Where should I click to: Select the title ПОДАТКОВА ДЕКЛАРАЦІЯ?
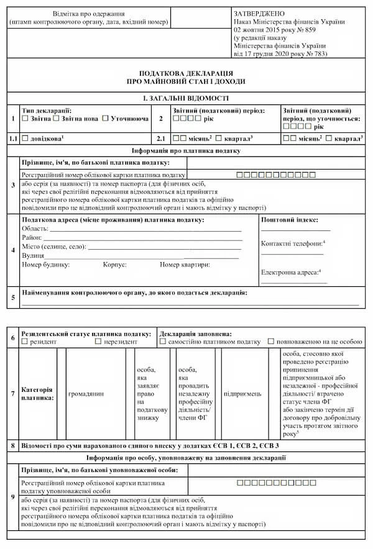click(186, 73)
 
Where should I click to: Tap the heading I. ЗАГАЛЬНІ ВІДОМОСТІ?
click(186, 98)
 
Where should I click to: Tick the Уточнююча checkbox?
click(106, 118)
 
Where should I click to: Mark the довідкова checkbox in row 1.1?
click(25, 138)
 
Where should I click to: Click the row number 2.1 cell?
click(160, 138)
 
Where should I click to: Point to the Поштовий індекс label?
click(290, 220)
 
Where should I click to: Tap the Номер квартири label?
click(185, 265)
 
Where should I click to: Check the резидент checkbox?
click(25, 342)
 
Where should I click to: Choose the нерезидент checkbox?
click(98, 342)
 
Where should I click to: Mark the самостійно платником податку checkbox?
click(163, 342)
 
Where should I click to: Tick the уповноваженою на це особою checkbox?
click(271, 342)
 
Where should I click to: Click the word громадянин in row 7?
click(86, 393)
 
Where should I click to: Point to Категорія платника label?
click(37, 393)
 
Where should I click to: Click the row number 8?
click(13, 446)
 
